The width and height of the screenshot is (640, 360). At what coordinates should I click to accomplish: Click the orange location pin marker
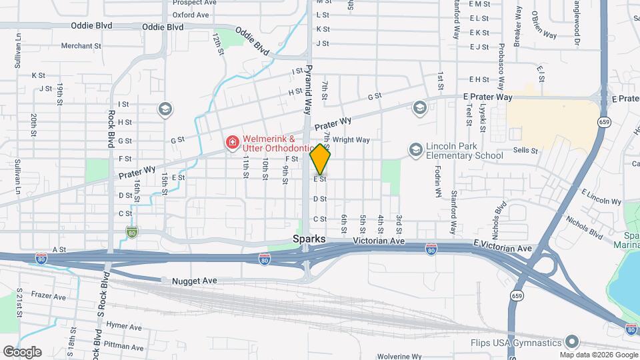(321, 159)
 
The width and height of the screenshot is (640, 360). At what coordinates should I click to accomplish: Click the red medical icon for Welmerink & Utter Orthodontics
(232, 142)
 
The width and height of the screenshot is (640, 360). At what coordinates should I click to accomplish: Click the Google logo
(22, 351)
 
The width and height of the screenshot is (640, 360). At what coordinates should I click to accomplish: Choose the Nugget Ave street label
(195, 281)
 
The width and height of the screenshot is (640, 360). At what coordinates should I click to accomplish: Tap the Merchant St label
(80, 47)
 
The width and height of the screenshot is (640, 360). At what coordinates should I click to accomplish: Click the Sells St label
(525, 151)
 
